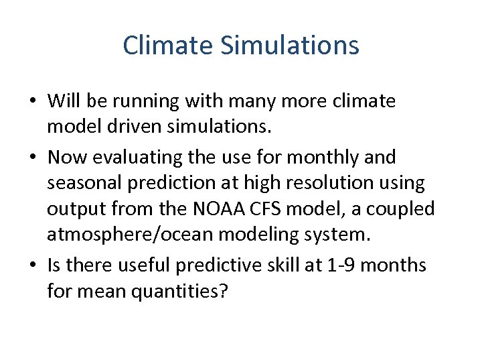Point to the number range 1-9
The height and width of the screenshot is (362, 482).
tap(340, 266)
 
